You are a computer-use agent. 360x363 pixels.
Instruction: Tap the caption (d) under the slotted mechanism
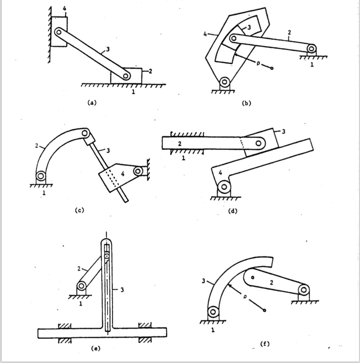(233, 211)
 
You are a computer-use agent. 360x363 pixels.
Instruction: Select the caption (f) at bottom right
(264, 344)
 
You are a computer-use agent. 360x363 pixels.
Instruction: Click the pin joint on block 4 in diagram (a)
(58, 32)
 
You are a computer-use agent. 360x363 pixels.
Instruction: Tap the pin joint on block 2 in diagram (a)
(126, 76)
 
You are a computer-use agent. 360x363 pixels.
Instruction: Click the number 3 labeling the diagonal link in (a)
(108, 50)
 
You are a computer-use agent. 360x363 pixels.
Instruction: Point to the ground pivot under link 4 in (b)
(224, 81)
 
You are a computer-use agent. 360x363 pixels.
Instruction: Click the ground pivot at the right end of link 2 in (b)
(312, 48)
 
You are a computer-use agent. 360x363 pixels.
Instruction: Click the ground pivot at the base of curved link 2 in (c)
(40, 176)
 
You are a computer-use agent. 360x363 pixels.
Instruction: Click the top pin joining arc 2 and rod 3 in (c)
(85, 133)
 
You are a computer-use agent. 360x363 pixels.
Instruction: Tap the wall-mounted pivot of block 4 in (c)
(139, 171)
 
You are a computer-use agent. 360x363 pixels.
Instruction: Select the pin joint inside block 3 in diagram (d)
(258, 143)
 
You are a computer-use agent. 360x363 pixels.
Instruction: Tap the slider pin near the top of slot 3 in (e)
(107, 256)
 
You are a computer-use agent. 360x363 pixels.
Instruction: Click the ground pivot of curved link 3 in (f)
(213, 312)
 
